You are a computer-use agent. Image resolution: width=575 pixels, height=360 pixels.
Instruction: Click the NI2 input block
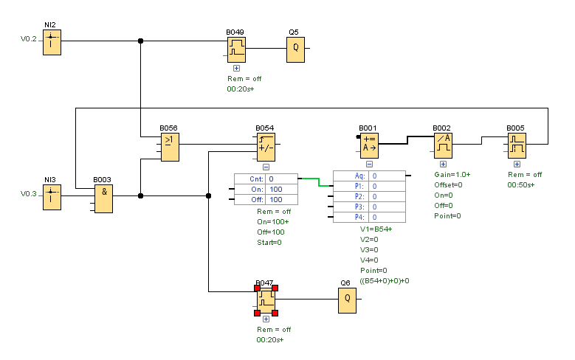point(51,43)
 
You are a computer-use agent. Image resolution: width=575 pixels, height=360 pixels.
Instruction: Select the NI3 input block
point(51,198)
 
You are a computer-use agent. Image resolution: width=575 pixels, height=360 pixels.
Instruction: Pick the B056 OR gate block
point(169,147)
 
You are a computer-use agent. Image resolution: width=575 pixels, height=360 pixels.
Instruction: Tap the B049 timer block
point(235,49)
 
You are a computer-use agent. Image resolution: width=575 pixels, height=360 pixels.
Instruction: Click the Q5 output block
point(295,49)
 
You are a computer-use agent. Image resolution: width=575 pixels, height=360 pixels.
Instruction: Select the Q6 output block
point(347,300)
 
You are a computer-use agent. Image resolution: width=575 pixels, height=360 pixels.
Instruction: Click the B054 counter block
point(265,147)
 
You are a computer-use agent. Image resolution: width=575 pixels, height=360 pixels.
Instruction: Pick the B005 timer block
point(517,145)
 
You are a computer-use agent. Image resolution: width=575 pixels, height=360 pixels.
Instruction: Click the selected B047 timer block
point(266,300)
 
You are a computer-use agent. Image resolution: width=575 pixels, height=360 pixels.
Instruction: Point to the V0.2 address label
point(28,38)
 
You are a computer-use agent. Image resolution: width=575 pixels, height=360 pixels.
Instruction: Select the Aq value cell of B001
point(388,176)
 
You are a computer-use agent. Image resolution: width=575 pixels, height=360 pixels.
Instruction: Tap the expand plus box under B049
point(236,68)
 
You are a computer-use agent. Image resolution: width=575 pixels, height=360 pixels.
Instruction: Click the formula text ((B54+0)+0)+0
point(385,280)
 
